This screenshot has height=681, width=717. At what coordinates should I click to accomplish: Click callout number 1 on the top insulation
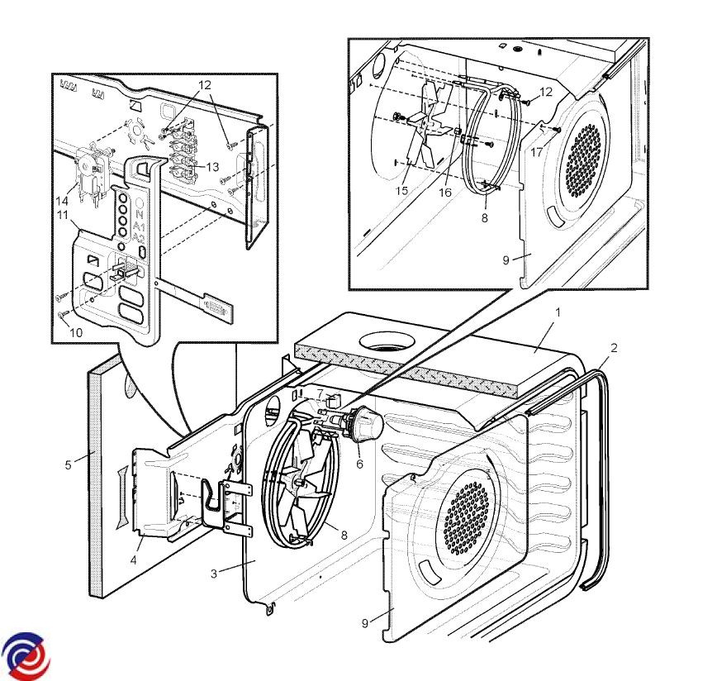[558, 312]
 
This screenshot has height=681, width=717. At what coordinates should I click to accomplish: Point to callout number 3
[214, 574]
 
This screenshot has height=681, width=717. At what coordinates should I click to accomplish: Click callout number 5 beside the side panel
[69, 464]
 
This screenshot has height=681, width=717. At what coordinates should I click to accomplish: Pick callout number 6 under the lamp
[359, 464]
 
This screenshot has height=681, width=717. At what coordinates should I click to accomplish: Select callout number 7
[321, 393]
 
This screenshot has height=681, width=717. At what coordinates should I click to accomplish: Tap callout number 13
[213, 167]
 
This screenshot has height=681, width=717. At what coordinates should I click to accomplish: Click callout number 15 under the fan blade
[403, 191]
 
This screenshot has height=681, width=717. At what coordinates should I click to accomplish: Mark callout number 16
[446, 192]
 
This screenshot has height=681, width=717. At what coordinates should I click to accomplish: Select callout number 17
[537, 151]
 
